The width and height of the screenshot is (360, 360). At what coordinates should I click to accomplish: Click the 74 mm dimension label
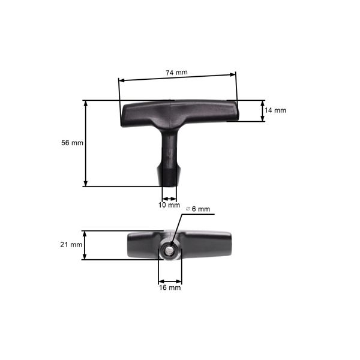point(176,73)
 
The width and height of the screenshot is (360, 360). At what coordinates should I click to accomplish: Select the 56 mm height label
point(72,143)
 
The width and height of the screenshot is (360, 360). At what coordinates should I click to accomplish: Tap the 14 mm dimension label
point(275,110)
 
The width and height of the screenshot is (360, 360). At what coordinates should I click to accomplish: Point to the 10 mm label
point(169,205)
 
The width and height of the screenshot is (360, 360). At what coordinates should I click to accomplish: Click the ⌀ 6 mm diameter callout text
point(198,209)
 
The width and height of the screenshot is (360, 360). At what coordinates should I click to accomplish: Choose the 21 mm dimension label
point(71,245)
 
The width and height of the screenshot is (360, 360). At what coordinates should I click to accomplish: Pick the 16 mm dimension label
point(170,288)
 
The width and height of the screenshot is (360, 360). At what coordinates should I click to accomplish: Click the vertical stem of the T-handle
point(170,147)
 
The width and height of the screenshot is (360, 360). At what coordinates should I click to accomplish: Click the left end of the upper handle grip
point(129,115)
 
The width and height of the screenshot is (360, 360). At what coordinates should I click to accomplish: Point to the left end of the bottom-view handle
point(133,245)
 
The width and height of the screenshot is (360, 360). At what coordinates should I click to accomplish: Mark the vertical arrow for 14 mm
point(262,110)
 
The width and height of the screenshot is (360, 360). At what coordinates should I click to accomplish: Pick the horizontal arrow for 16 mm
point(170,280)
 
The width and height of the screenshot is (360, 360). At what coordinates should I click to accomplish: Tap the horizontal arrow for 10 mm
point(170,198)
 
